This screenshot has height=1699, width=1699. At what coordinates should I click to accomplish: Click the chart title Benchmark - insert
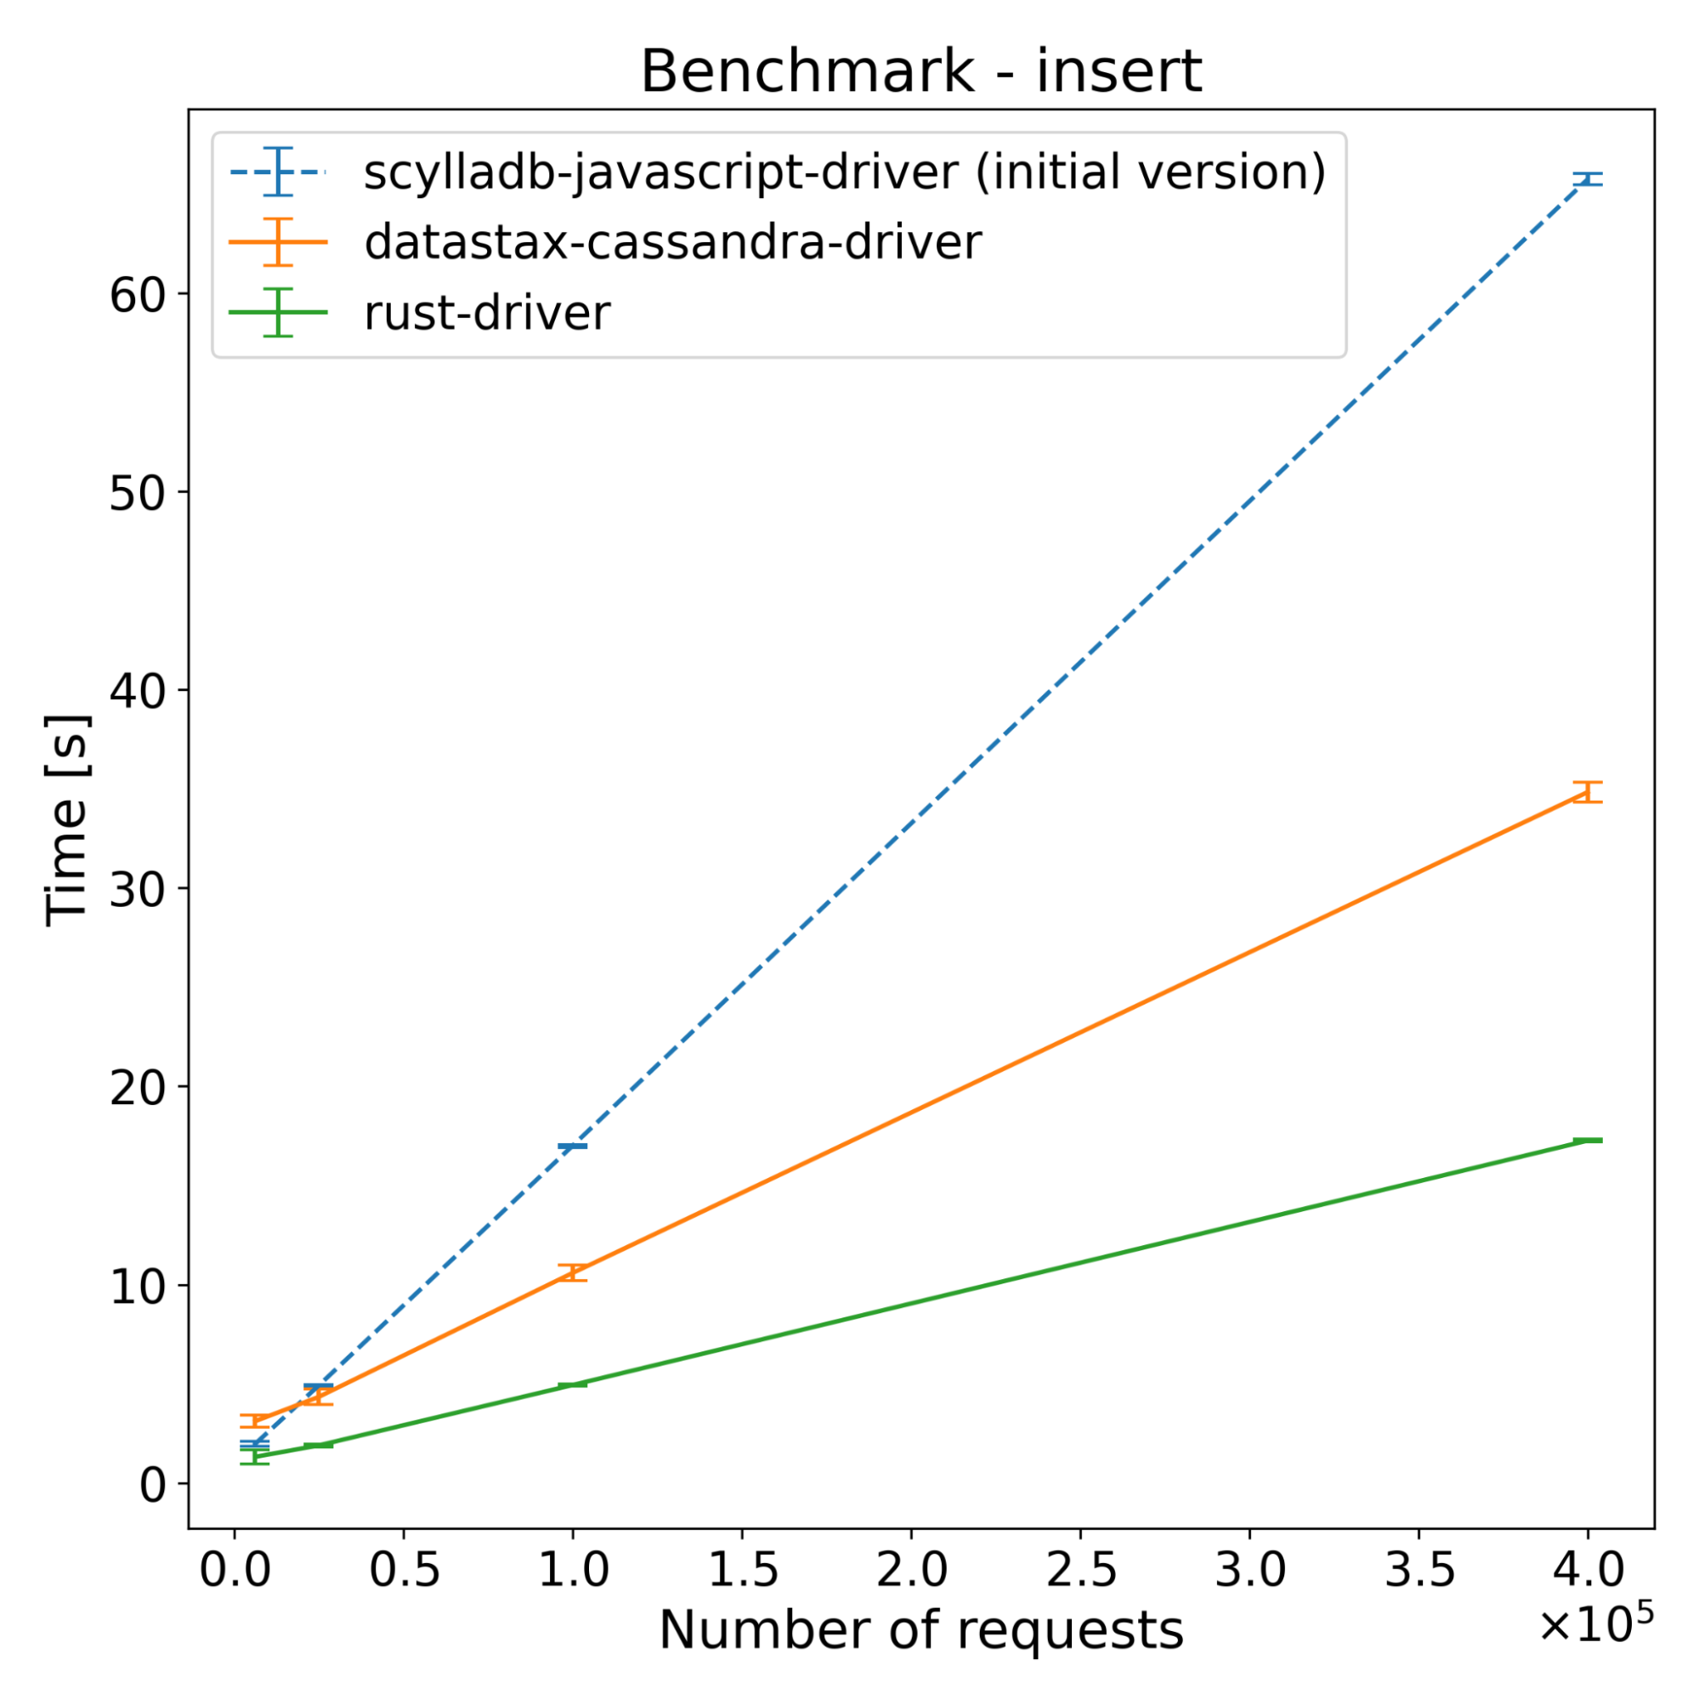pos(920,72)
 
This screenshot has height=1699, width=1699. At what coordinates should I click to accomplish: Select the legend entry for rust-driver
pos(486,313)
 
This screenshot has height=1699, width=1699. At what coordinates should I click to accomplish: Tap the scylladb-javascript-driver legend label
pos(844,172)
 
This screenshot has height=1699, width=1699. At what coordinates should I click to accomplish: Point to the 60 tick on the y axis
pos(137,294)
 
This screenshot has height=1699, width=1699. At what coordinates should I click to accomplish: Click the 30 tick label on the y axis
pos(137,889)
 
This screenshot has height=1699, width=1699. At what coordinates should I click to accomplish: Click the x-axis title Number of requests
pos(920,1631)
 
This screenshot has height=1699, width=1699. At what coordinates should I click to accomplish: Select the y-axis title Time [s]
pos(68,820)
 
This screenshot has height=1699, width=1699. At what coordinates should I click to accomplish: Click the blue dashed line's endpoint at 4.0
pos(1588,179)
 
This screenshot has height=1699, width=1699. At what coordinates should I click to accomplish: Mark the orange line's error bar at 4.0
pos(1588,791)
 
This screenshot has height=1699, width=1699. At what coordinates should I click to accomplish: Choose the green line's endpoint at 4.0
pos(1588,1141)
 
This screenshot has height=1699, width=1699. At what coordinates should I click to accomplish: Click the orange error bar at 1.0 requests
pos(573,1272)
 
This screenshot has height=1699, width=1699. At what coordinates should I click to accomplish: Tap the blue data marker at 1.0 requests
pos(573,1146)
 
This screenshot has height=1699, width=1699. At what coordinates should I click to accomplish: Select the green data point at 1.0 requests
pos(573,1385)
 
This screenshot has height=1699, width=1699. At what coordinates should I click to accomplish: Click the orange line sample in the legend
pos(278,242)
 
